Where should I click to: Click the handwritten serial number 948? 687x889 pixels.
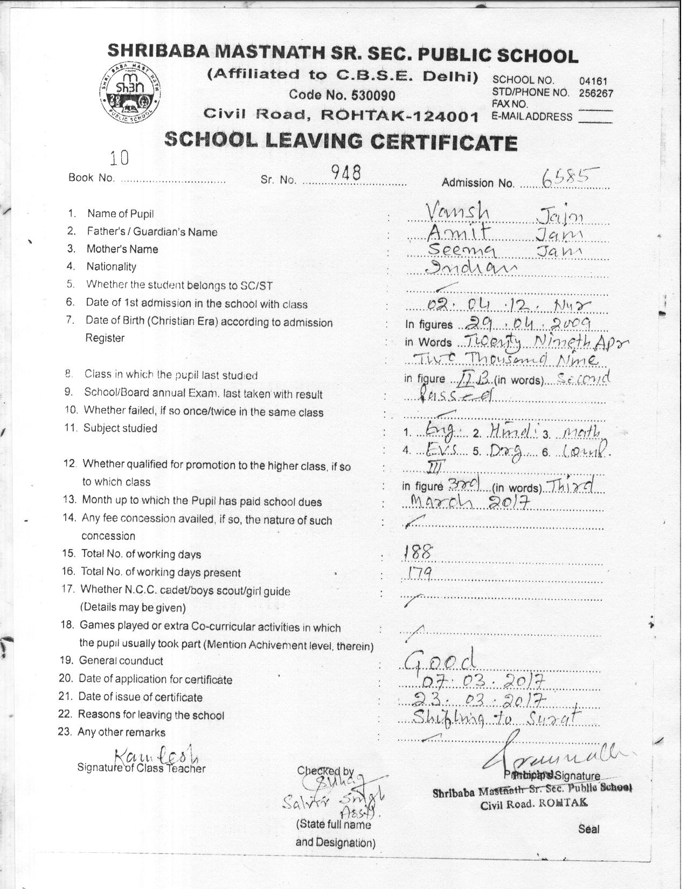pyautogui.click(x=345, y=172)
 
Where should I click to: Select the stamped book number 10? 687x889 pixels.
pyautogui.click(x=119, y=157)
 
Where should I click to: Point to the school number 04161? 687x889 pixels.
pyautogui.click(x=593, y=81)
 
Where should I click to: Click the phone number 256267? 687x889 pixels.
pyautogui.click(x=596, y=92)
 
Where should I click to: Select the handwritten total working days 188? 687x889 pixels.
pyautogui.click(x=418, y=551)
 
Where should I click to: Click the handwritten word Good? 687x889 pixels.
pyautogui.click(x=440, y=659)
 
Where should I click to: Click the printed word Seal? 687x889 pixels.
pyautogui.click(x=588, y=829)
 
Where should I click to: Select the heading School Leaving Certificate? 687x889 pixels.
pyautogui.click(x=341, y=141)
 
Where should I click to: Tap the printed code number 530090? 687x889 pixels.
pyautogui.click(x=372, y=95)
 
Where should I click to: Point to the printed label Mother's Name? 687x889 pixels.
pyautogui.click(x=122, y=249)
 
